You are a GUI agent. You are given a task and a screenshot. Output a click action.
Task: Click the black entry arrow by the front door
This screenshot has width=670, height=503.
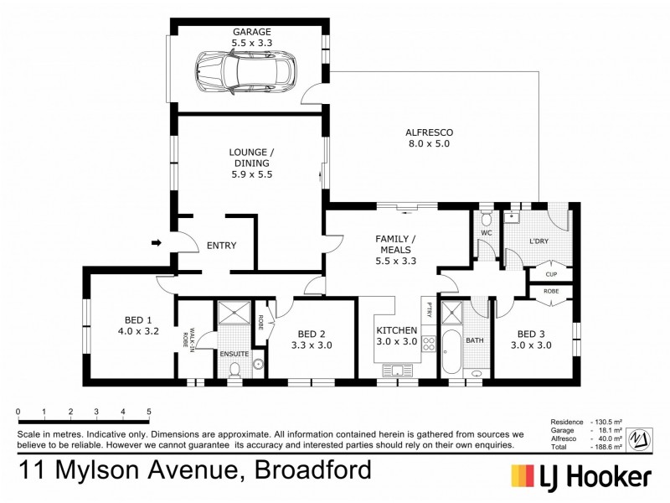click(156, 243)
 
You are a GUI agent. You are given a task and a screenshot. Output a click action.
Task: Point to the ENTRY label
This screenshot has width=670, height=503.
click(221, 246)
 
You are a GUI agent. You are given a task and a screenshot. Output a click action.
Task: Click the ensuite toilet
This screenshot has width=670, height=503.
click(235, 370)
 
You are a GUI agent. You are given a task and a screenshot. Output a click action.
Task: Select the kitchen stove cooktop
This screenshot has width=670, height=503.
click(428, 344)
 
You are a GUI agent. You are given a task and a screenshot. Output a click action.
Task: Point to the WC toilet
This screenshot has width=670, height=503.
click(487, 220)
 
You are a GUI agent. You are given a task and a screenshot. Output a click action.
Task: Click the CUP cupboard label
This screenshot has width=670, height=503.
click(551, 274)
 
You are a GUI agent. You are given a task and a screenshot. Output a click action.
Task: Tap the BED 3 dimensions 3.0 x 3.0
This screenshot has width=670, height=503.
click(532, 345)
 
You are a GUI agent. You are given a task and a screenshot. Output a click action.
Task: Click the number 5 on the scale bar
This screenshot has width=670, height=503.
click(149, 412)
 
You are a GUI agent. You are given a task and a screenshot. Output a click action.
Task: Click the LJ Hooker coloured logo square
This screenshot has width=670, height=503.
click(525, 476)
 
